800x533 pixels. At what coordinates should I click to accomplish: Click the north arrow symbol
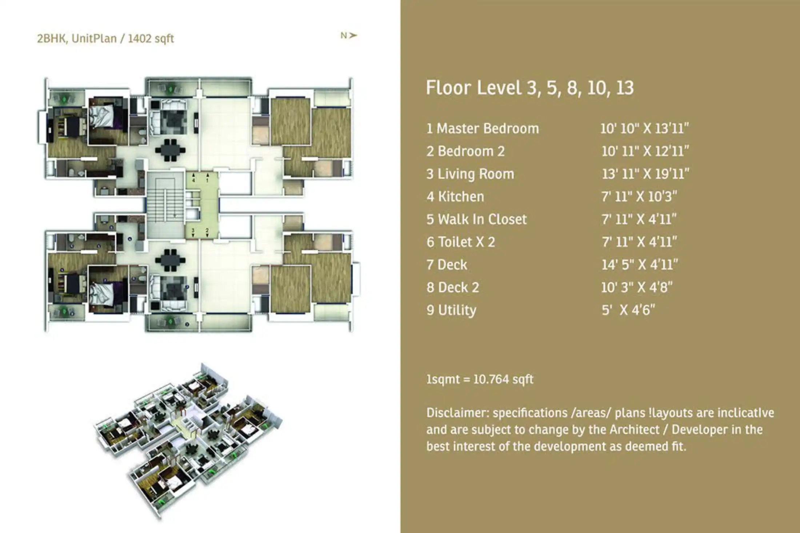353,35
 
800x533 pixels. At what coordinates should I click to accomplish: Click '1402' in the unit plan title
139,39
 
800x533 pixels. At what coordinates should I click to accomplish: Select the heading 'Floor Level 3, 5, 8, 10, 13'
529,88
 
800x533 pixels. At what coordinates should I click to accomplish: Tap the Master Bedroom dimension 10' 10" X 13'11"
644,128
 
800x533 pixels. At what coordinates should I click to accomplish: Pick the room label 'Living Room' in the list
476,174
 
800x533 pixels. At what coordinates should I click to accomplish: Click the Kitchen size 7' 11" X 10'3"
639,196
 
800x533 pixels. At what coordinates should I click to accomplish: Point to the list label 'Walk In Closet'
482,219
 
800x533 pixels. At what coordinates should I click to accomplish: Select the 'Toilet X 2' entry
461,242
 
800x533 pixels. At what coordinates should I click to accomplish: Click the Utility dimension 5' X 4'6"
628,310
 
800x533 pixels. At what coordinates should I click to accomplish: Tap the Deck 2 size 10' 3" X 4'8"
636,287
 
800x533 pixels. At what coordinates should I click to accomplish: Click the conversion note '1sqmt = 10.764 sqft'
480,379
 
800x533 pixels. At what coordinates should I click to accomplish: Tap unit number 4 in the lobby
193,180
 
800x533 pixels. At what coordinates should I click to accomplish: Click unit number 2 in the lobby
207,231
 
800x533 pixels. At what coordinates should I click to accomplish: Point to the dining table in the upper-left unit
170,150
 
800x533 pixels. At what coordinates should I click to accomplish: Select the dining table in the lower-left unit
170,260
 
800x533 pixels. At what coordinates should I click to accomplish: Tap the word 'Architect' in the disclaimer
634,429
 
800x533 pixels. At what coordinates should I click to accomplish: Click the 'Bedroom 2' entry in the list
466,151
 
